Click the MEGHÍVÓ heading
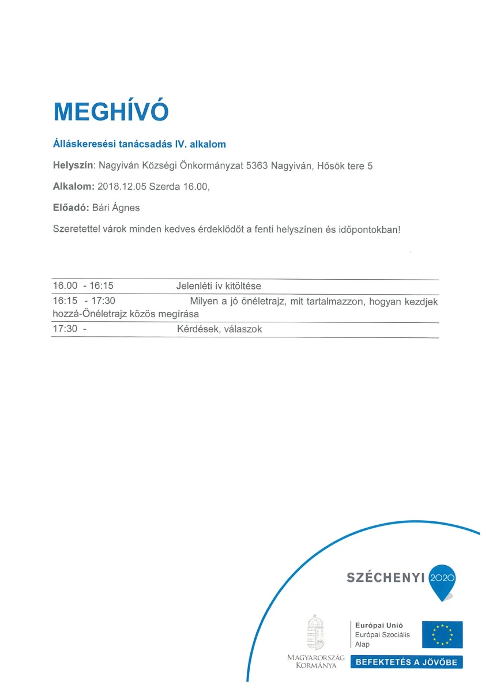point(111,111)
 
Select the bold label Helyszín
point(73,166)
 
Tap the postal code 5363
point(258,166)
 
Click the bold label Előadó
point(70,208)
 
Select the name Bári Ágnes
point(120,208)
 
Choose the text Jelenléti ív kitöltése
point(219,286)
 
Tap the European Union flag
point(442,634)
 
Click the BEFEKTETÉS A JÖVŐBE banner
point(407,662)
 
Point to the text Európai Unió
point(379,625)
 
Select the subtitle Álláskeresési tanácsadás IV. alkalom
point(139,144)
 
